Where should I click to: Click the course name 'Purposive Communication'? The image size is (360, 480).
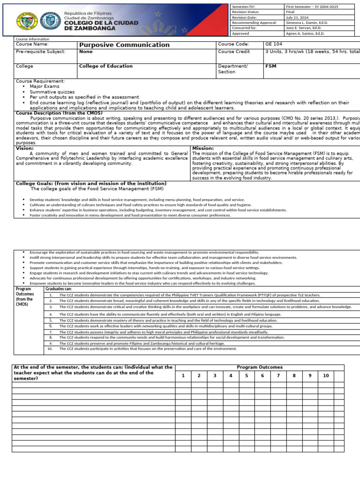[124, 45]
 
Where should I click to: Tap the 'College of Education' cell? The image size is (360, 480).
[106, 66]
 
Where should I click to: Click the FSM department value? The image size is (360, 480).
[270, 66]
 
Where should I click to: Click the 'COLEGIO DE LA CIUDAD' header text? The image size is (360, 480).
[101, 22]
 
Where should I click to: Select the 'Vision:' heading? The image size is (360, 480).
[25, 148]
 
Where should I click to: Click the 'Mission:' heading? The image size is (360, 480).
[203, 148]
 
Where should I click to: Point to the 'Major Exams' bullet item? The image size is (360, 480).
[45, 87]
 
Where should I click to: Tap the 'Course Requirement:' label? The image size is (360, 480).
[40, 82]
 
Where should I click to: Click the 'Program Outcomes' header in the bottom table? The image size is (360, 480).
[259, 367]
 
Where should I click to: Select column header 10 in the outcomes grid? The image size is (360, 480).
[325, 375]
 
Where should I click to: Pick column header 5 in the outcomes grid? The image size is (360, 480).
[247, 375]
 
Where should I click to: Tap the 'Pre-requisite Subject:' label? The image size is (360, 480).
[41, 52]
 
